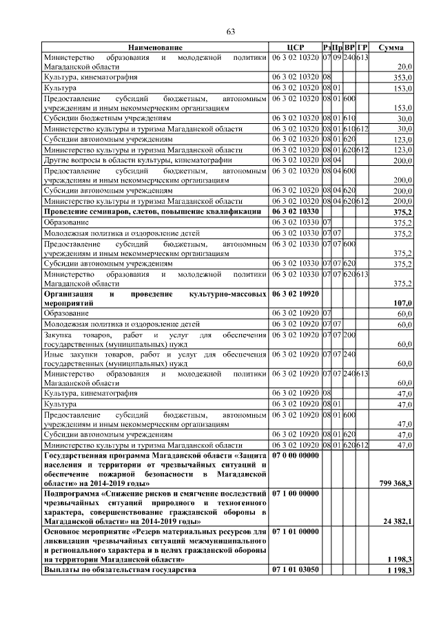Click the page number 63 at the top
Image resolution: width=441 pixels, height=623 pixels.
pyautogui.click(x=231, y=31)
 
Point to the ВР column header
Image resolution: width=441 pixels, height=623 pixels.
pyautogui.click(x=350, y=47)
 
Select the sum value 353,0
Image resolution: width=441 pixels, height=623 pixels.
pyautogui.click(x=402, y=78)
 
